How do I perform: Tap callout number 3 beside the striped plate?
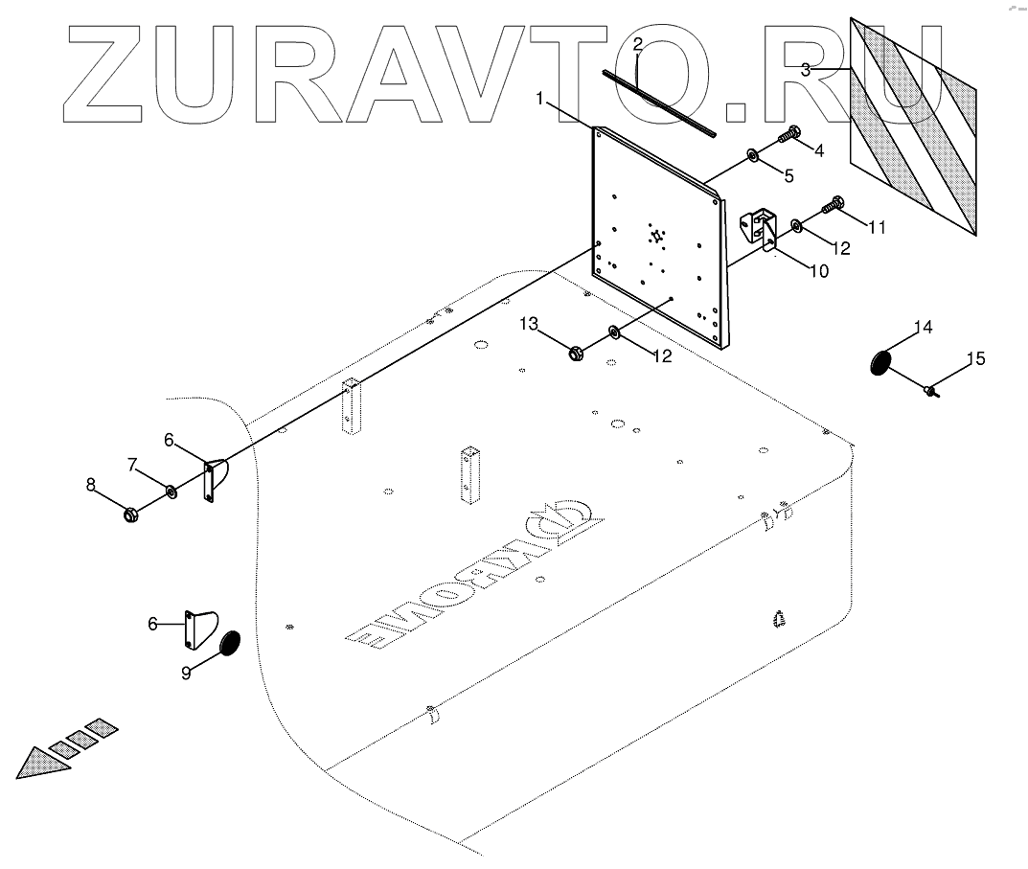[x=806, y=69]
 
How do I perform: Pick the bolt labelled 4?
[x=791, y=135]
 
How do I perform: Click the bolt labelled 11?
[x=833, y=204]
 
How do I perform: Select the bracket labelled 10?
[x=762, y=229]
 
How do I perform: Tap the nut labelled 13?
[x=578, y=354]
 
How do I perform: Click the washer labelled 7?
[x=171, y=492]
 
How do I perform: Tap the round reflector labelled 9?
[x=230, y=643]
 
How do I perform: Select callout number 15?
[x=974, y=359]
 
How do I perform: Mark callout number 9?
[x=186, y=673]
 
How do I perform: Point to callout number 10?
[x=818, y=271]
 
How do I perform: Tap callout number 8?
[x=91, y=485]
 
